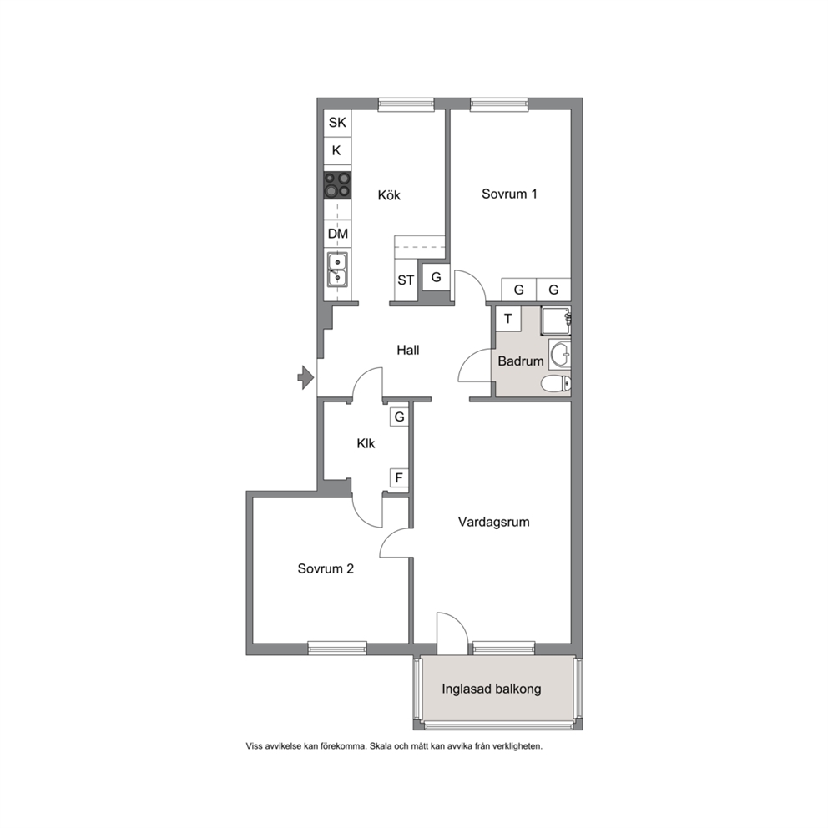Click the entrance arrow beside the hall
pos(305,377)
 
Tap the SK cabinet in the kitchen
pos(337,123)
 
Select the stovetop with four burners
pos(337,185)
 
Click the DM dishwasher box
pos(337,234)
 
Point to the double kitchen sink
pos(337,270)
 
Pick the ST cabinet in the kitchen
pos(406,280)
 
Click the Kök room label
pos(389,195)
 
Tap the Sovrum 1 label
pos(509,194)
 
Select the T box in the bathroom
pos(508,319)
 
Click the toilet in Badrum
pos(557,383)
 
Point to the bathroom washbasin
pos(560,355)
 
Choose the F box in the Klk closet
pos(399,478)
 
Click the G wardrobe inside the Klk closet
pos(399,417)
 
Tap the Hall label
pos(408,350)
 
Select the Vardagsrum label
pos(494,522)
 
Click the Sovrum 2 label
pos(326,568)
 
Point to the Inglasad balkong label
pos(491,689)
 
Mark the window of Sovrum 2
pos(337,648)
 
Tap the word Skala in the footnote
pos(381,746)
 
